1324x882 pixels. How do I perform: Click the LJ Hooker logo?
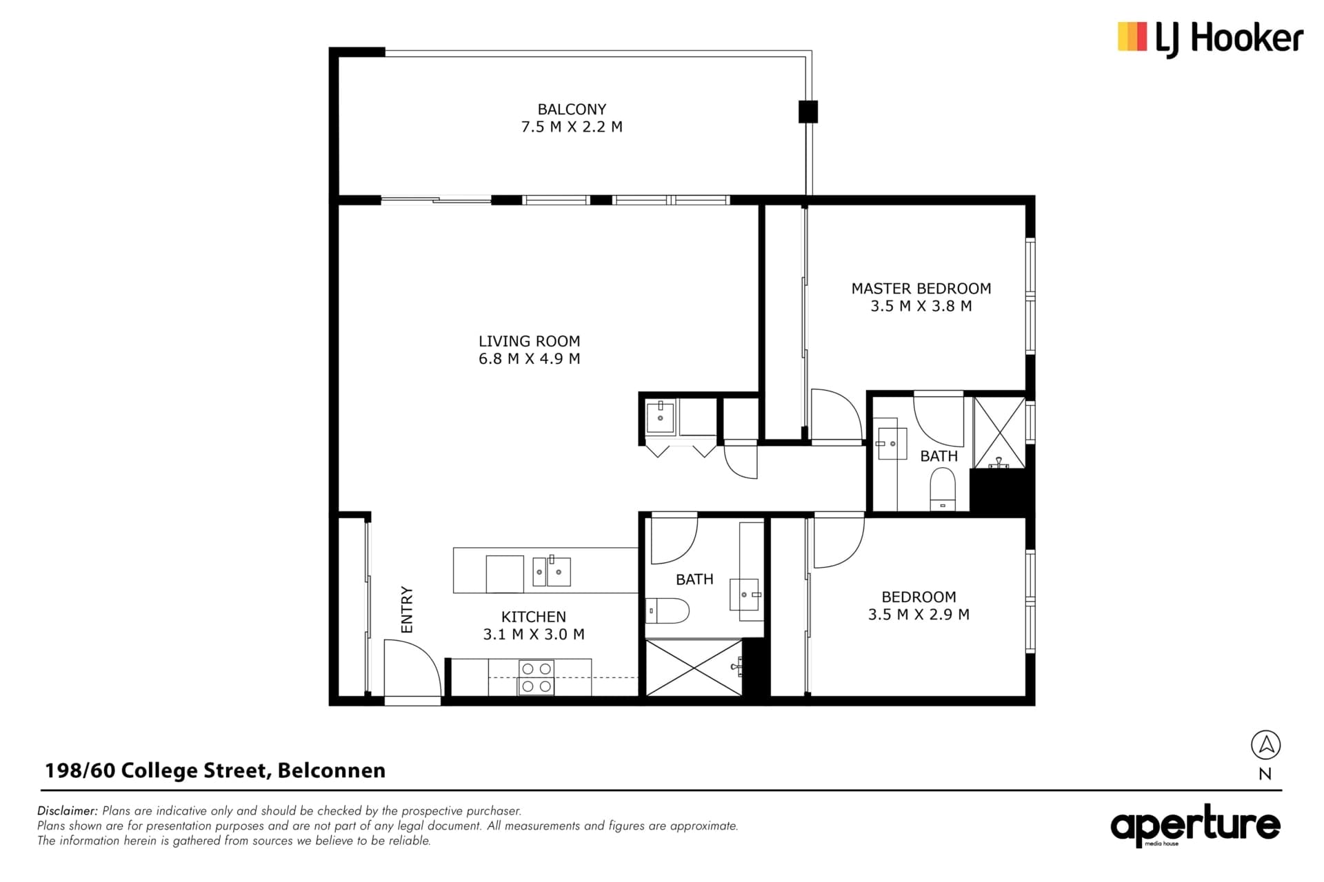click(1210, 39)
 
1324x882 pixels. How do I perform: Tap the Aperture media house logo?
click(1195, 825)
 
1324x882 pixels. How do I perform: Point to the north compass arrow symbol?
click(1265, 745)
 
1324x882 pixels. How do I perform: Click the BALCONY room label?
click(572, 109)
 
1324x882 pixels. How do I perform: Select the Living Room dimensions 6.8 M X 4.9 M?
click(529, 358)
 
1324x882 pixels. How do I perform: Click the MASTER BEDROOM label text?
click(921, 288)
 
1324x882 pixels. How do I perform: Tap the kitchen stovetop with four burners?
click(536, 677)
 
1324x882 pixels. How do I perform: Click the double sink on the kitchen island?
click(552, 571)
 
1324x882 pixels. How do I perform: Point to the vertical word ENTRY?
click(406, 610)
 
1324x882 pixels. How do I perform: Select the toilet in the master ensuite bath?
click(943, 489)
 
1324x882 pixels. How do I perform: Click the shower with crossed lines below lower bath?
click(694, 667)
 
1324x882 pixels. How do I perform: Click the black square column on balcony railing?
click(808, 112)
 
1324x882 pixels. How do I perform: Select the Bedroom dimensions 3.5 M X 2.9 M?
click(919, 614)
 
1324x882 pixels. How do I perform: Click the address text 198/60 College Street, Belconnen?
click(215, 770)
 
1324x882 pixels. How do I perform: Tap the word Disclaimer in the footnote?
click(68, 811)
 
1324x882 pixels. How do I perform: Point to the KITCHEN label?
click(534, 617)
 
